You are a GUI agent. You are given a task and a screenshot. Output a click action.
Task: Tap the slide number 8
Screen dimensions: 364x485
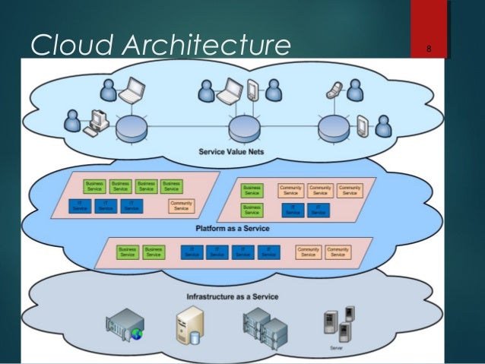(430, 51)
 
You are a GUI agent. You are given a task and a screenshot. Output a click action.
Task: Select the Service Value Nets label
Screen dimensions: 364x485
(232, 151)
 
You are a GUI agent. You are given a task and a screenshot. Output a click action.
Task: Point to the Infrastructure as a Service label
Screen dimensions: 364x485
(232, 296)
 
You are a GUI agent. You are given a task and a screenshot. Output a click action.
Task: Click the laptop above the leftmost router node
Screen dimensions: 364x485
(134, 91)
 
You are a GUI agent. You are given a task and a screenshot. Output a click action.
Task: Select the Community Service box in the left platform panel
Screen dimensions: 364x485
(182, 206)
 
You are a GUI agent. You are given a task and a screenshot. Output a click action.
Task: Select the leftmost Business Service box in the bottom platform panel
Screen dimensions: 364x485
(128, 252)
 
